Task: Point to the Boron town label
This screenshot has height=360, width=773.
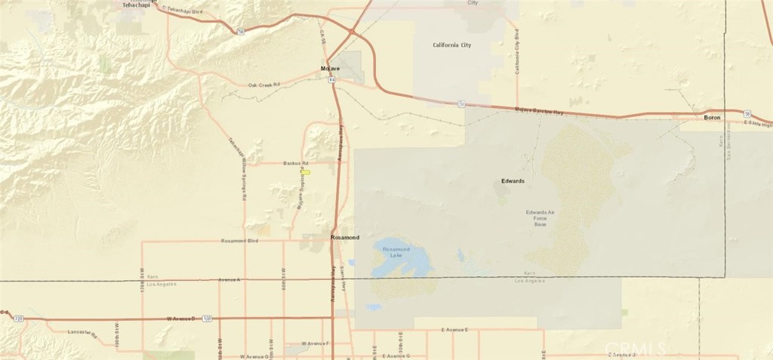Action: point(712,118)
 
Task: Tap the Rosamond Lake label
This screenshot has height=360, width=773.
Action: point(396,252)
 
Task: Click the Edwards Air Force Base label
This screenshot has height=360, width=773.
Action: point(540,218)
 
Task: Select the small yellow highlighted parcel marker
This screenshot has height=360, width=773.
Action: point(306,171)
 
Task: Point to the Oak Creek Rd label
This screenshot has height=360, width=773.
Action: point(264,85)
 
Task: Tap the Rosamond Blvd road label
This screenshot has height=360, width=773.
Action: point(239,242)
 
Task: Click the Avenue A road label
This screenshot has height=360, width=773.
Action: point(228,279)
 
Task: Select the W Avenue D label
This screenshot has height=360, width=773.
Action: point(180,319)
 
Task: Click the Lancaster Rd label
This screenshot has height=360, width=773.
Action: point(83,333)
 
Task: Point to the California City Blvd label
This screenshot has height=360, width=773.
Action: point(517,52)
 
